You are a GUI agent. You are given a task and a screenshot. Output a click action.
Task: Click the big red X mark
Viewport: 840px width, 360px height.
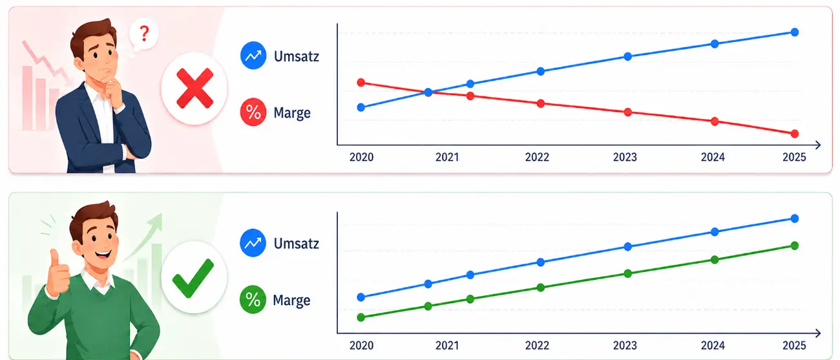(194, 89)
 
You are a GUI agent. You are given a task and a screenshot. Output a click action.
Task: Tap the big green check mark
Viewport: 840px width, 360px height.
(193, 279)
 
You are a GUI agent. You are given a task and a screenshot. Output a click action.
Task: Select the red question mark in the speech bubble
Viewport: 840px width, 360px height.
(144, 34)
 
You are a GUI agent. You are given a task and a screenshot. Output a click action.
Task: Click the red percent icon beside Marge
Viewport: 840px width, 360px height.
(253, 112)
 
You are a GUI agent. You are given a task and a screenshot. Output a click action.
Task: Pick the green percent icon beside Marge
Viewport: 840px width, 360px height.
(253, 300)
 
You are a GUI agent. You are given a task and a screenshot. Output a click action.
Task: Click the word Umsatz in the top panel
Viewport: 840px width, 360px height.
(296, 56)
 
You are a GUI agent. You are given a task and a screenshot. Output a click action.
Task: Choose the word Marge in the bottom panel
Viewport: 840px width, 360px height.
(292, 301)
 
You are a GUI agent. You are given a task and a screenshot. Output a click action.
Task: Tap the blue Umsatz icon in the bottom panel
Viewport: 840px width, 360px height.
(253, 243)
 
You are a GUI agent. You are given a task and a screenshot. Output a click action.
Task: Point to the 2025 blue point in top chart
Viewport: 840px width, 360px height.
(794, 32)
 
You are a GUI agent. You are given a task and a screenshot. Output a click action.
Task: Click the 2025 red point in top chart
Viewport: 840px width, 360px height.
(794, 134)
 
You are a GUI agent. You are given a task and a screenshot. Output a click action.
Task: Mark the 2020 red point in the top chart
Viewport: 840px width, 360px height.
(361, 83)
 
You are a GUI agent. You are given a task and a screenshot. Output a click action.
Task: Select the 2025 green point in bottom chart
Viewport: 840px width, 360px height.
(794, 246)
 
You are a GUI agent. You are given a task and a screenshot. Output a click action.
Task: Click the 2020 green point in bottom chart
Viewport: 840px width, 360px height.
(361, 317)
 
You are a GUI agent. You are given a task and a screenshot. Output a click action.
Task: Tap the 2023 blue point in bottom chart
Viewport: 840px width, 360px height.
(628, 247)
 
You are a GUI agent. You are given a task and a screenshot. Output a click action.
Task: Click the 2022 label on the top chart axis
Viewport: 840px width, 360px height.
(537, 157)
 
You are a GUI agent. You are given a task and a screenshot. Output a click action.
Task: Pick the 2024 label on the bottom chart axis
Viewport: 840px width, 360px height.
(713, 345)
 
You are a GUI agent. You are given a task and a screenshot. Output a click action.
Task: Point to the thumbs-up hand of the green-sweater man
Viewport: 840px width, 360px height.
(58, 272)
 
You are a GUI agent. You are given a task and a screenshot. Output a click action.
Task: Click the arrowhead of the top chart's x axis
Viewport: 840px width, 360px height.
(817, 145)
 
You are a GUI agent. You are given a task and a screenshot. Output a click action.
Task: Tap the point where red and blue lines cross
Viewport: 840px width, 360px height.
(428, 92)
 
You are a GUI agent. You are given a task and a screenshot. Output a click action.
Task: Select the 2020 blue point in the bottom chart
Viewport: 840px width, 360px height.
(361, 297)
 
